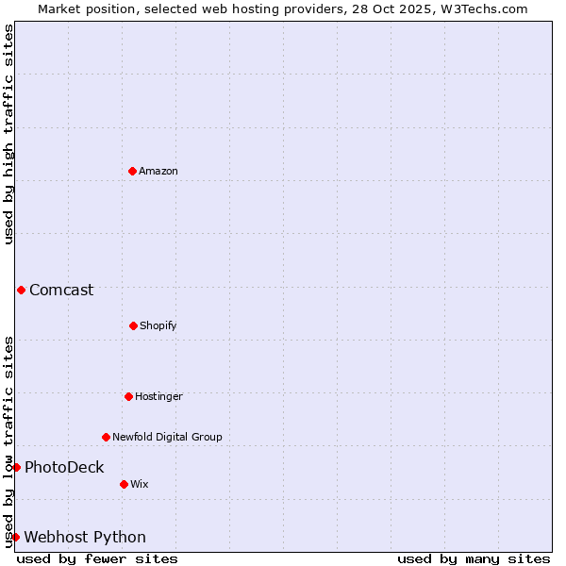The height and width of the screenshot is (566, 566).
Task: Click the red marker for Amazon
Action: [x=132, y=171]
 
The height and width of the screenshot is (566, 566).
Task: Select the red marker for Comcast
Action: [x=21, y=290]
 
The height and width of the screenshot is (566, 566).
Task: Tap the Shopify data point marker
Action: [x=133, y=325]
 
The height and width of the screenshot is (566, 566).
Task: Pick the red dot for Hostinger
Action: [x=128, y=396]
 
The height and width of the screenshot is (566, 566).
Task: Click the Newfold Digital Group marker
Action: [x=106, y=437]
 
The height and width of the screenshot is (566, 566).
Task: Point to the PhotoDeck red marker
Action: [x=16, y=467]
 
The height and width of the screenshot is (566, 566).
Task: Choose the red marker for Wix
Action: [x=124, y=484]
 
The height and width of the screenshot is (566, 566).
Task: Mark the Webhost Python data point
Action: [x=15, y=537]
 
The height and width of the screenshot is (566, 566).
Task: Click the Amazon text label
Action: [x=158, y=171]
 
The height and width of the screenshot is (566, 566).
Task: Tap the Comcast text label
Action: [x=61, y=290]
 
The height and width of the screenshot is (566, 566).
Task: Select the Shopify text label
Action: [x=158, y=325]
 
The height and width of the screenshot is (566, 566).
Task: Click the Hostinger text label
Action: [x=158, y=396]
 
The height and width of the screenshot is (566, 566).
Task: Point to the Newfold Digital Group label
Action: [x=167, y=437]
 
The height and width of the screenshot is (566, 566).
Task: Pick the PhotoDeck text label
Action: [x=64, y=467]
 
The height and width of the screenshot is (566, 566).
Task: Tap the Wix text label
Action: [x=140, y=484]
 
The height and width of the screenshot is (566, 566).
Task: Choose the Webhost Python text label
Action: [x=85, y=537]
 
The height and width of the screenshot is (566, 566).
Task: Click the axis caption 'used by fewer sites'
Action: [x=97, y=558]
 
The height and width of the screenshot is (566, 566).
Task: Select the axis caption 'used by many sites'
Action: [x=474, y=558]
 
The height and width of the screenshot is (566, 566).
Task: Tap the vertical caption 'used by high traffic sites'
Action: [x=8, y=134]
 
